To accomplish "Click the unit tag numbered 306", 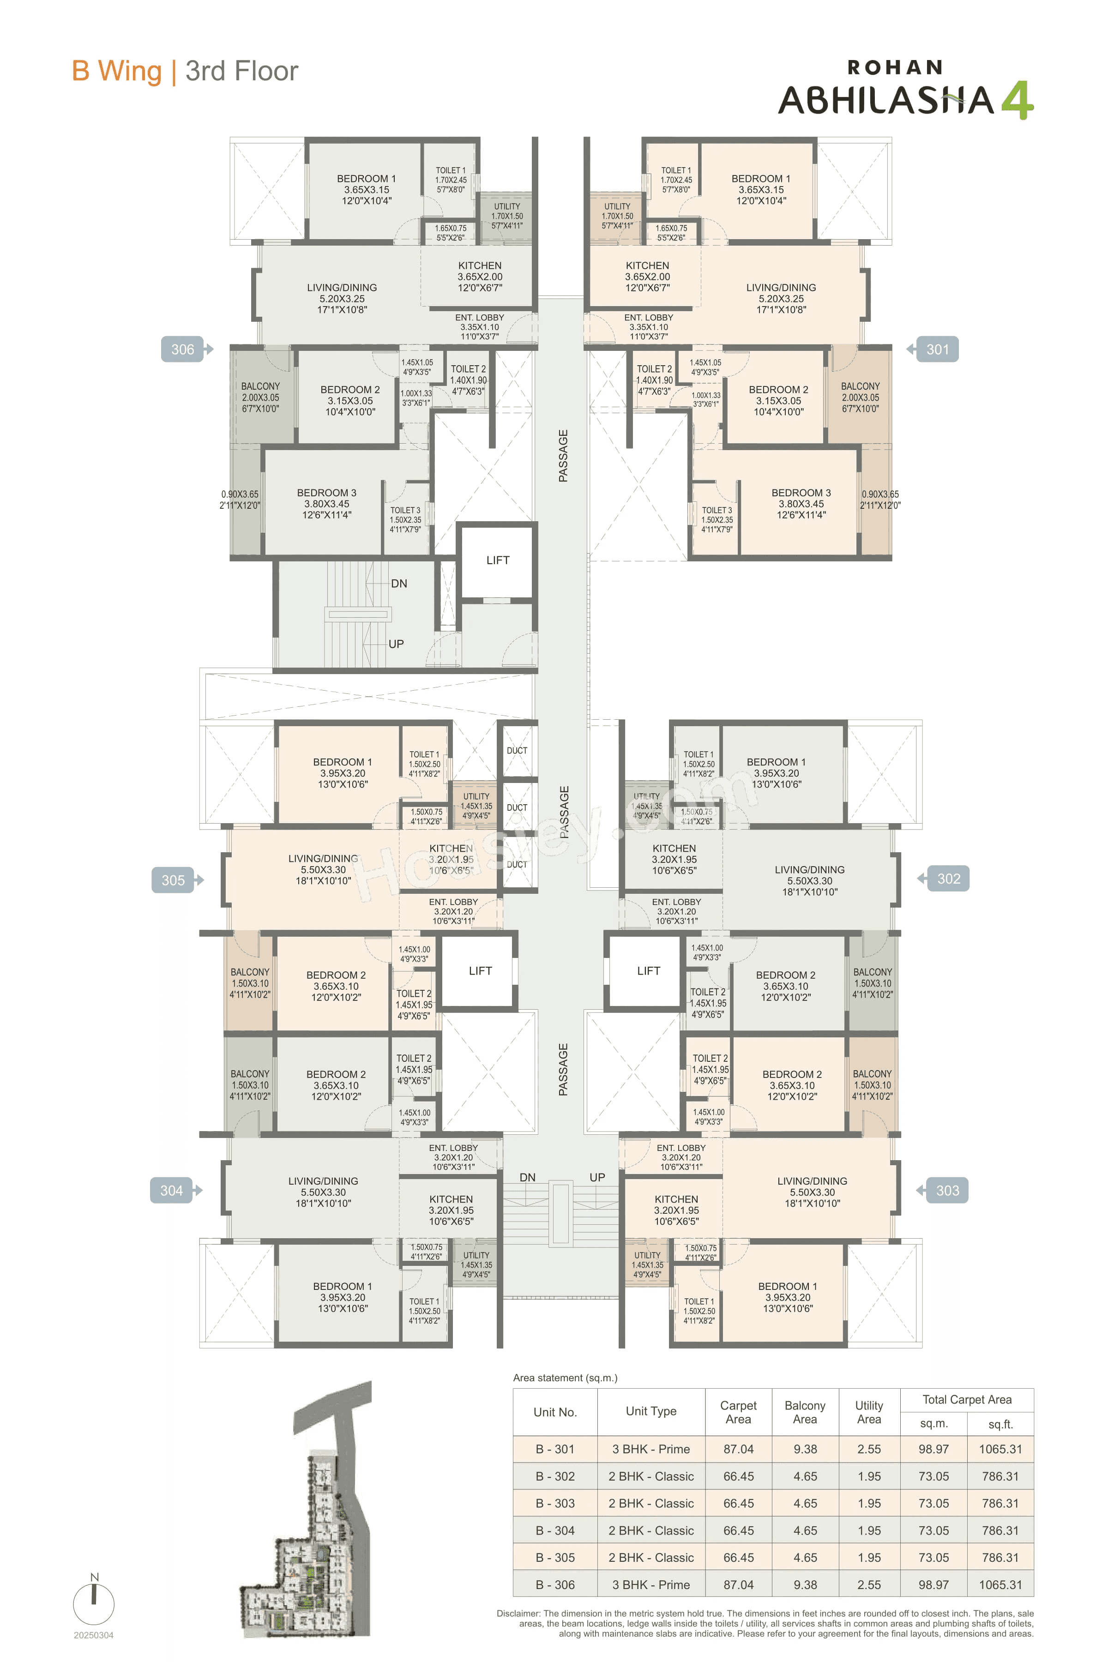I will tap(183, 349).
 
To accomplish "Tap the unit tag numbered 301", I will tap(937, 349).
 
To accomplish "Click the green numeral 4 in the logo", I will tap(1017, 100).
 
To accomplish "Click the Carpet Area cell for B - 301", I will tap(738, 1449).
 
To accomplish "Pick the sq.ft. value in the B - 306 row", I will tap(1000, 1585).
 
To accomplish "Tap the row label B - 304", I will tap(555, 1530).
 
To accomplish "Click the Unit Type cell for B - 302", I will tap(651, 1476).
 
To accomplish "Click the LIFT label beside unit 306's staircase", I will tap(498, 560).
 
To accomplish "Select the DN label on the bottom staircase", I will tap(527, 1177).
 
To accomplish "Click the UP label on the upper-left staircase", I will tap(396, 644).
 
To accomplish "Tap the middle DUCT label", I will tap(517, 807).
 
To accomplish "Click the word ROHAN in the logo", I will tap(895, 68).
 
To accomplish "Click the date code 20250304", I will tap(93, 1635).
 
